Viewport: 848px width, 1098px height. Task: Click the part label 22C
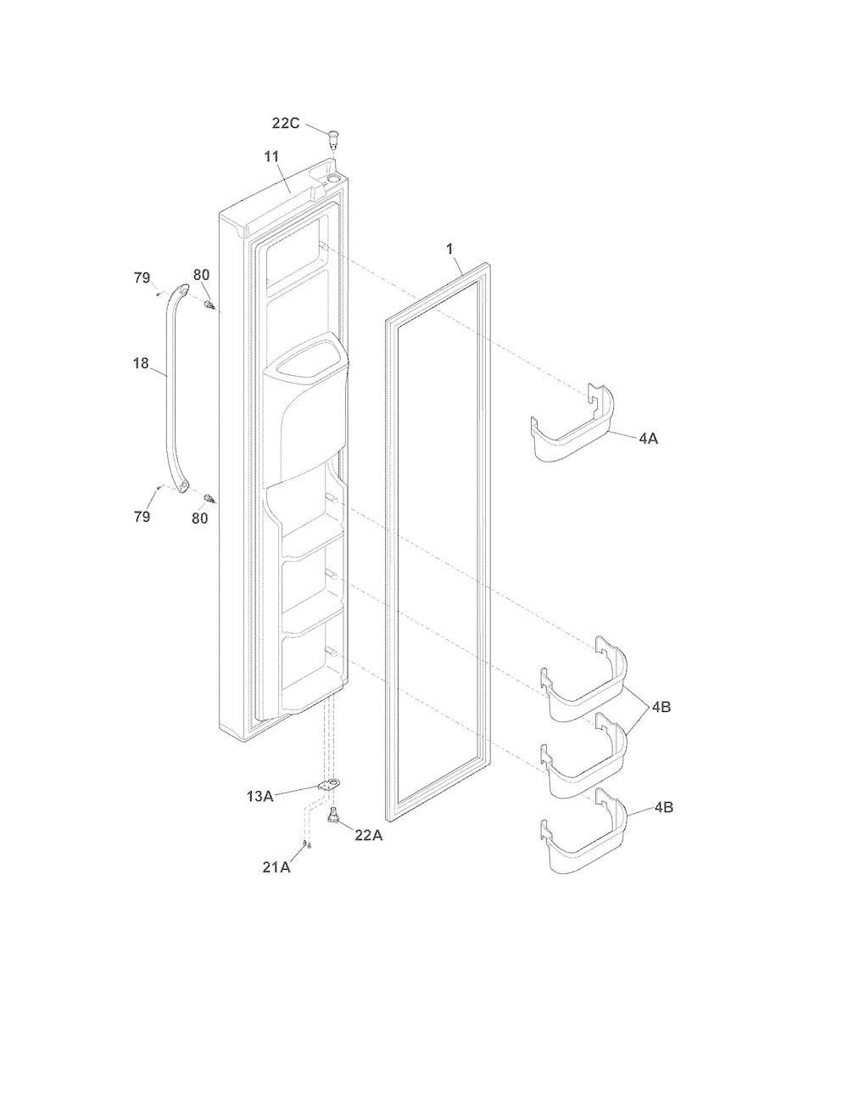[x=286, y=123]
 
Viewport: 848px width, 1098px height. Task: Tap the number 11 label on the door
[x=271, y=157]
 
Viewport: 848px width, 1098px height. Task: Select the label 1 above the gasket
[x=449, y=249]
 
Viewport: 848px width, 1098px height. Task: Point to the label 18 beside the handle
[x=141, y=363]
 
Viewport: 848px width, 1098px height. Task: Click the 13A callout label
[x=260, y=796]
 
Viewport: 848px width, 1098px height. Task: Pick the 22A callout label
[x=369, y=835]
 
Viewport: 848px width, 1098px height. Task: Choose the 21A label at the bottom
[x=276, y=867]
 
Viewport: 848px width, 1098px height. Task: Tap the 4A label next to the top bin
[x=649, y=439]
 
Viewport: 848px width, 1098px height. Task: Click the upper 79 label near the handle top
[x=142, y=277]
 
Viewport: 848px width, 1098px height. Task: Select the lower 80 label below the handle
[x=200, y=518]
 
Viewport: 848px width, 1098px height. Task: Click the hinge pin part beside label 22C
[x=332, y=138]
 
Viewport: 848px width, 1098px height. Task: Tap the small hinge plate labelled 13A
[x=329, y=785]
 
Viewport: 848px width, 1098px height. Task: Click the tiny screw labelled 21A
[x=307, y=843]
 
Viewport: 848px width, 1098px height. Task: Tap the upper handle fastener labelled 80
[x=209, y=305]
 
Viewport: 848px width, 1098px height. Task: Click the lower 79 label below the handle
[x=142, y=516]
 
